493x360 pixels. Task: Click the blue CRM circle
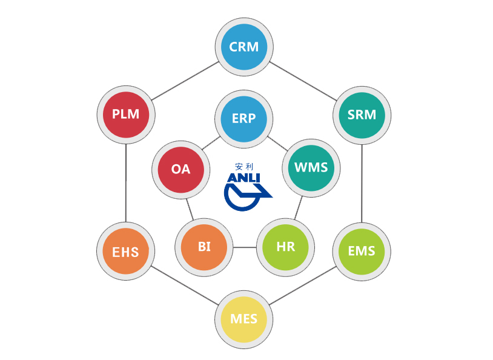(x=244, y=47)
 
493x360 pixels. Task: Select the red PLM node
(x=126, y=114)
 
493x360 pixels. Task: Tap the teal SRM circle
(x=362, y=114)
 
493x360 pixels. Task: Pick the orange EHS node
(x=126, y=251)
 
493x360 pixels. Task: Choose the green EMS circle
(x=362, y=250)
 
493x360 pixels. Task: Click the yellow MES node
(x=244, y=318)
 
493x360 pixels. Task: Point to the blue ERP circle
(x=244, y=118)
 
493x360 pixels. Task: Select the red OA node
(x=180, y=169)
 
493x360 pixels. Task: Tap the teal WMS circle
(x=311, y=167)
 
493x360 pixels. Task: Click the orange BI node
(x=204, y=247)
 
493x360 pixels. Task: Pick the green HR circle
(x=285, y=247)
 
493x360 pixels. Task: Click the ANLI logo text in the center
(x=243, y=178)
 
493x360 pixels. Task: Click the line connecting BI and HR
(x=245, y=247)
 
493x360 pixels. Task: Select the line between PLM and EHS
(x=126, y=182)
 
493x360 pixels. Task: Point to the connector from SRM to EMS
(x=362, y=182)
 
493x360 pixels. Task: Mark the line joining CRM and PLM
(x=185, y=81)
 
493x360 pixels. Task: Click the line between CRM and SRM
(x=303, y=81)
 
